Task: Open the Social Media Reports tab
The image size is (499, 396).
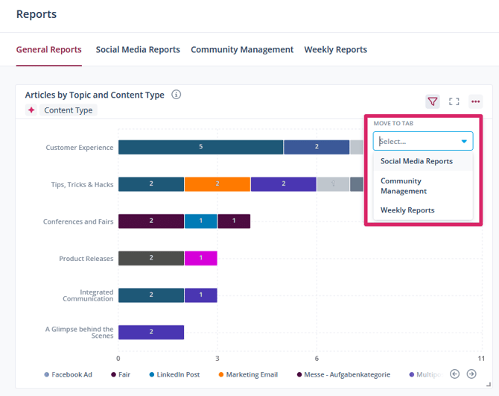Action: point(138,50)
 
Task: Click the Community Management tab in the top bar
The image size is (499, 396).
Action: point(242,50)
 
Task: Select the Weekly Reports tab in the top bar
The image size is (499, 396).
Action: point(335,50)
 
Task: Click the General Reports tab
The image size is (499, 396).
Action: point(49,50)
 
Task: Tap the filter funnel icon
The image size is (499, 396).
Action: point(432,101)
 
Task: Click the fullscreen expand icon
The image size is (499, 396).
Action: point(454,101)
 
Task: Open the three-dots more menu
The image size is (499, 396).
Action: point(475,101)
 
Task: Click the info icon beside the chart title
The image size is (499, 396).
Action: point(177,95)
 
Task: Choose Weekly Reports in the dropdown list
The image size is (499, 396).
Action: point(407,210)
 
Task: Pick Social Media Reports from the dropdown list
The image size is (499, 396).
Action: point(416,161)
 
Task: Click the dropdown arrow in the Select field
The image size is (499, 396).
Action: point(464,141)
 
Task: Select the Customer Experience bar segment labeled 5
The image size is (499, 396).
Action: point(200,147)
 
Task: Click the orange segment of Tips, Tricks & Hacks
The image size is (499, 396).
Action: point(217,184)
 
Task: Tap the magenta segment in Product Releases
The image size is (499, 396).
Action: point(200,258)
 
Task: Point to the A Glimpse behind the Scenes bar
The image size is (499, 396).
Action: point(151,332)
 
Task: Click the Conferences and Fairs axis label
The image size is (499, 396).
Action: point(78,221)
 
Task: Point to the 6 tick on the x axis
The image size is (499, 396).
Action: point(317,358)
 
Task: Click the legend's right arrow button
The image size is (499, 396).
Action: point(471,374)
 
